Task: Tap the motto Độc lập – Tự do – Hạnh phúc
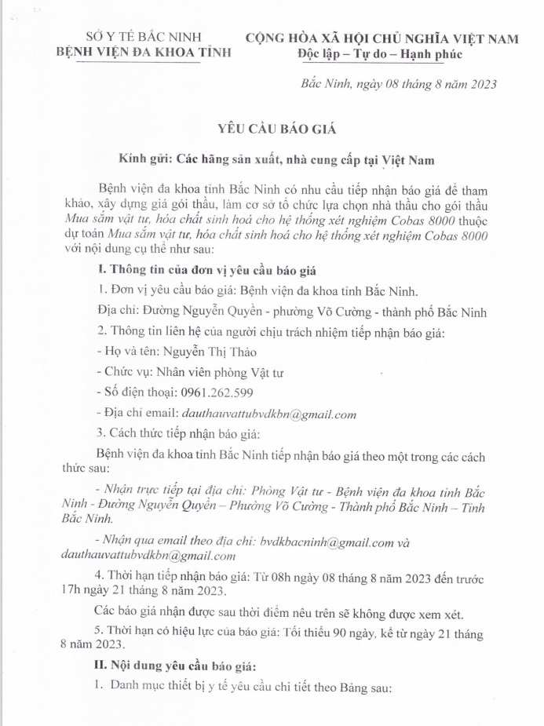pyautogui.click(x=381, y=54)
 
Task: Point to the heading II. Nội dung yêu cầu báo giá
pyautogui.click(x=176, y=666)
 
